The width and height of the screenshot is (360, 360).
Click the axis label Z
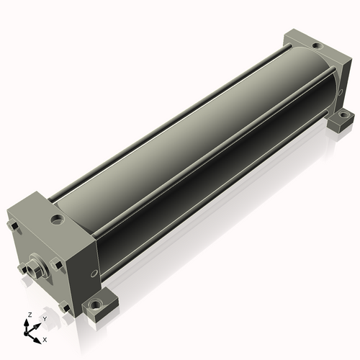pos(30,315)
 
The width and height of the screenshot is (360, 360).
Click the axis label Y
pos(45,319)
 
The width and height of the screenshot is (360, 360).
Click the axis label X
pos(45,340)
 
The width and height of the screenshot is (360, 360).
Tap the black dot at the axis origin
pos(26,333)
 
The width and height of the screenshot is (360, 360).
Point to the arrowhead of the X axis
pos(37,341)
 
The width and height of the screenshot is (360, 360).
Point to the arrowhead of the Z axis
pos(26,322)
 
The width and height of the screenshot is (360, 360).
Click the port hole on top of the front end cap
pos(58,220)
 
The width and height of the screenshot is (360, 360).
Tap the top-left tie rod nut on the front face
pos(13,226)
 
